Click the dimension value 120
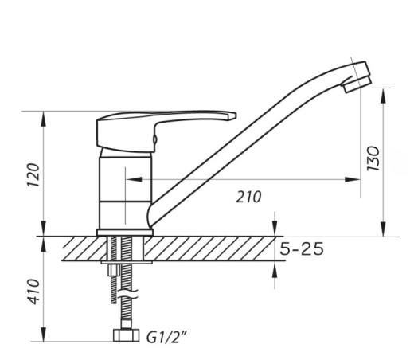(34, 175)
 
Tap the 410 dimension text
(34, 292)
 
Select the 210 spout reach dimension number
(248, 197)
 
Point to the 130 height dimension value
(373, 158)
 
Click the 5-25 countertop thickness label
(302, 249)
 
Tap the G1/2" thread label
(166, 337)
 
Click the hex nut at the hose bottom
(126, 335)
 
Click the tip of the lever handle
(235, 115)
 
